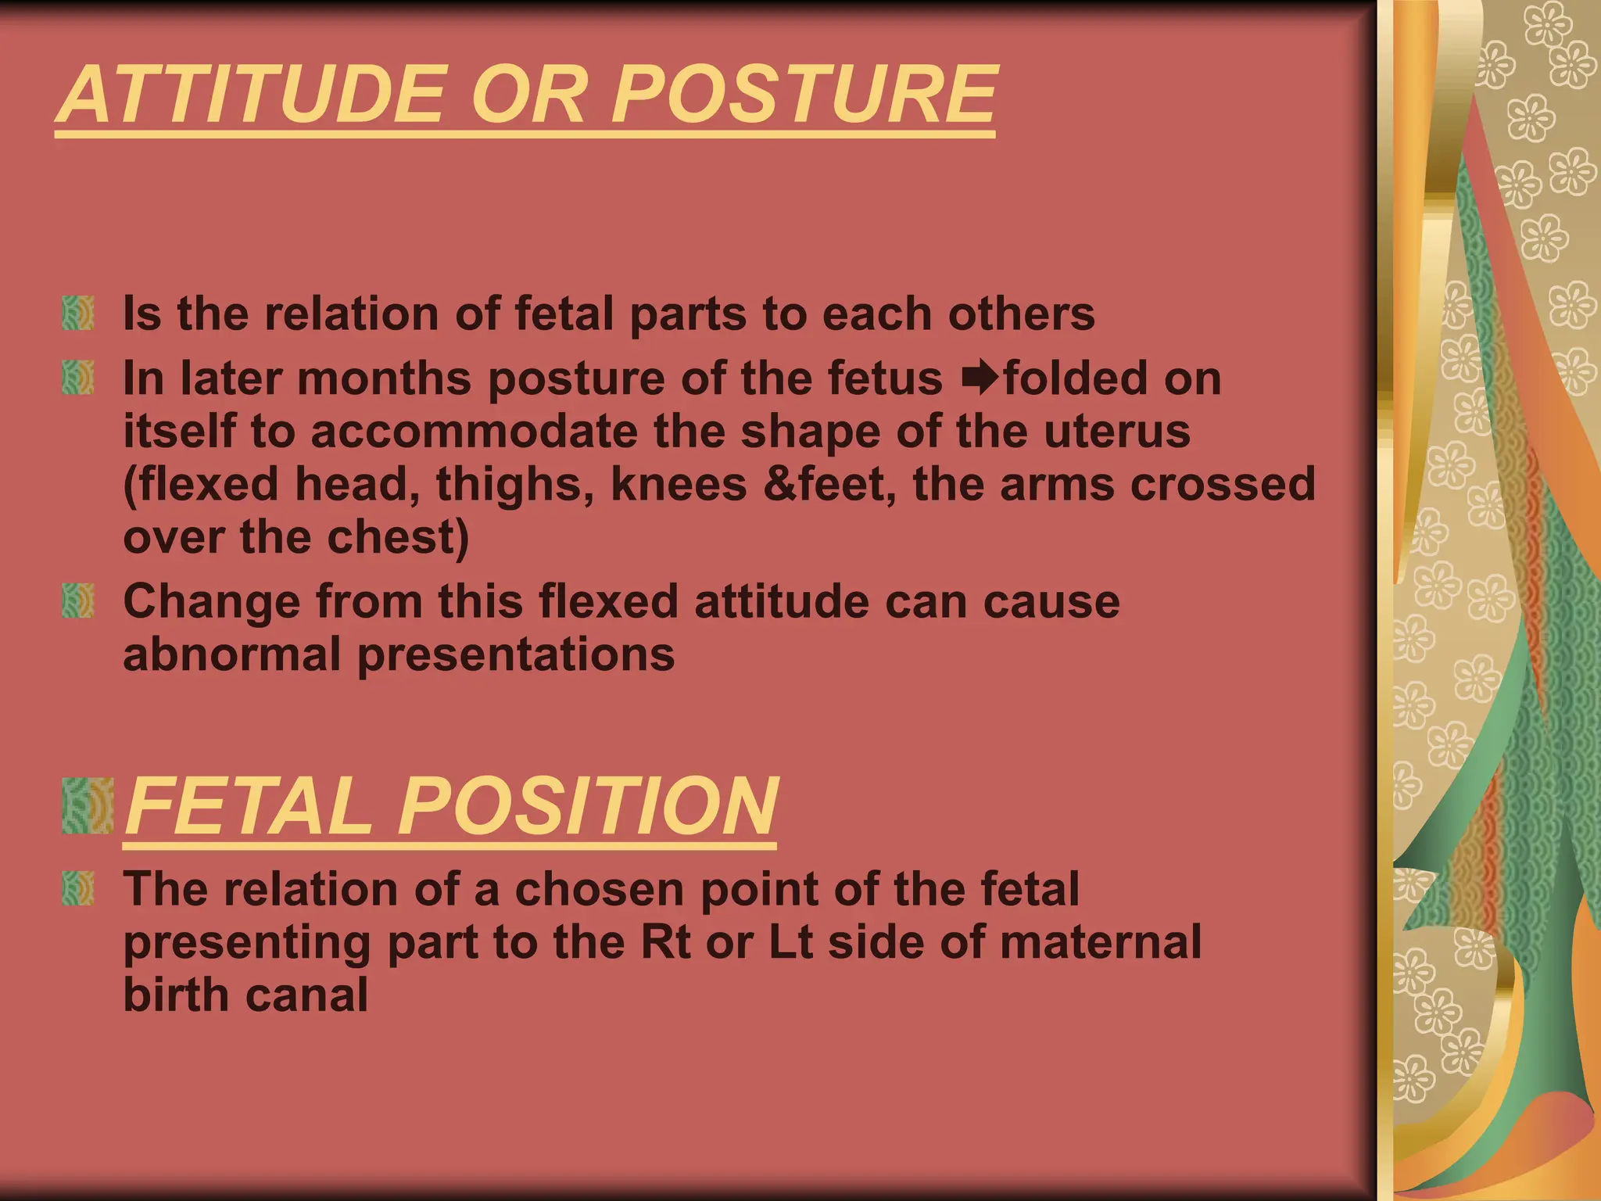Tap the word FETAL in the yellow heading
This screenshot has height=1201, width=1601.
(x=249, y=806)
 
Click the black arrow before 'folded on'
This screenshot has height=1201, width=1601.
(x=980, y=378)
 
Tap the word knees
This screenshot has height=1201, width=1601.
(x=679, y=484)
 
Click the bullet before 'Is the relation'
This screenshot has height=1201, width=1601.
(x=78, y=313)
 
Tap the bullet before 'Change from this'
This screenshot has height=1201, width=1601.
(x=78, y=600)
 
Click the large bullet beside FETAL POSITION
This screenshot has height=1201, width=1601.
(x=88, y=805)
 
